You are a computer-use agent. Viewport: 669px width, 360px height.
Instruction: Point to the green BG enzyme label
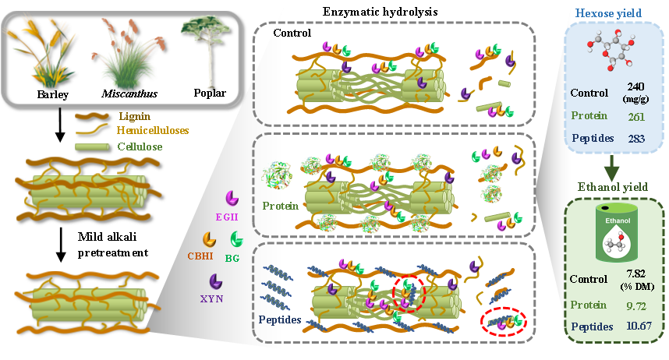coord(232,257)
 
